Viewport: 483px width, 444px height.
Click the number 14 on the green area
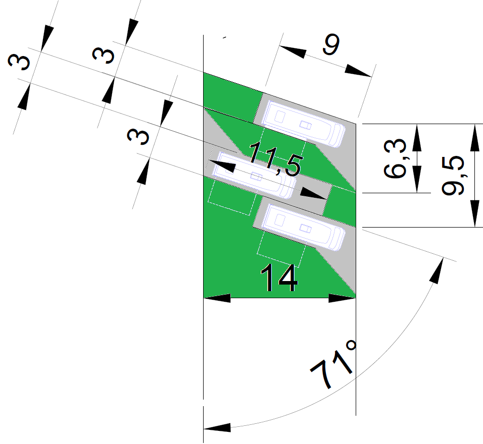tap(278, 279)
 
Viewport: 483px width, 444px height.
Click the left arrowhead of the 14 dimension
tap(217, 298)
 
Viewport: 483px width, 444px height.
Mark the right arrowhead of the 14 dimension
tap(343, 298)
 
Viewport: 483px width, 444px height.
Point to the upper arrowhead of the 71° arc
tap(439, 269)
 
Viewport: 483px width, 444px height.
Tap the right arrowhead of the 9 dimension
tap(360, 72)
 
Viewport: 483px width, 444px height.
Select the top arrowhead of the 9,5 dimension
tap(475, 137)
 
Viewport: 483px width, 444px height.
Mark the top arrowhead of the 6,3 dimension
tap(417, 137)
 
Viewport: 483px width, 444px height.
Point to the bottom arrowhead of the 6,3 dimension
tap(417, 180)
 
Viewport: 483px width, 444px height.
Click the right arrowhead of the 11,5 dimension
tap(313, 193)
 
